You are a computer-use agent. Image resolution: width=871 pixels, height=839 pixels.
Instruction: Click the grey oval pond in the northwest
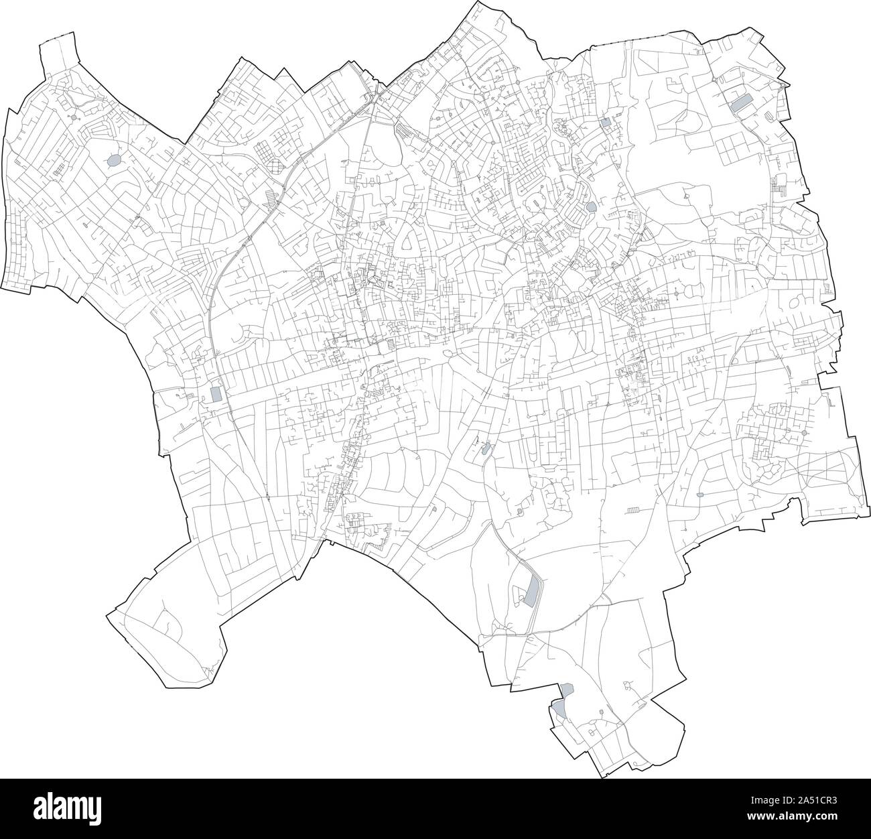click(115, 161)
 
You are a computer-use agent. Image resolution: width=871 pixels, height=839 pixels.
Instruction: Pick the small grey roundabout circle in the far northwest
click(72, 118)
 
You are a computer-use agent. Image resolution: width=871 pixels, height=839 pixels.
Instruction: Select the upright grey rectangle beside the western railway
click(216, 394)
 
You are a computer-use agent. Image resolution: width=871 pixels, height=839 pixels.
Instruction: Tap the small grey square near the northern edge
click(606, 123)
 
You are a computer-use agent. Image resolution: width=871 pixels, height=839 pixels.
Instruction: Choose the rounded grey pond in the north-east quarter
click(590, 206)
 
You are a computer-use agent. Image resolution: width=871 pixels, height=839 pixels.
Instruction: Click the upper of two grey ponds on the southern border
click(567, 689)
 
